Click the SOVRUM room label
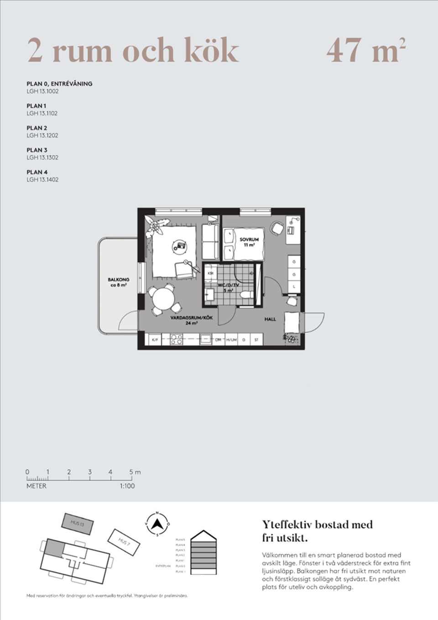tap(249, 239)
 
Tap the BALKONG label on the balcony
tap(118, 279)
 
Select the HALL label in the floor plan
tap(270, 319)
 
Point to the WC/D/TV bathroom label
tap(228, 285)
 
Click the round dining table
tap(163, 299)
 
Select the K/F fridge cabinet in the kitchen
tap(155, 340)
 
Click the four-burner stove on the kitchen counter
tap(176, 340)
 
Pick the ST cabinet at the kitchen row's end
tap(256, 340)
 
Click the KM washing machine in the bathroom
tap(210, 273)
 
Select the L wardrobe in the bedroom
tap(294, 286)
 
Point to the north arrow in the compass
tap(157, 523)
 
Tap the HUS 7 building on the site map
tap(124, 542)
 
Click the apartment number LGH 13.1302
tap(42, 158)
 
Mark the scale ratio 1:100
tap(127, 486)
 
